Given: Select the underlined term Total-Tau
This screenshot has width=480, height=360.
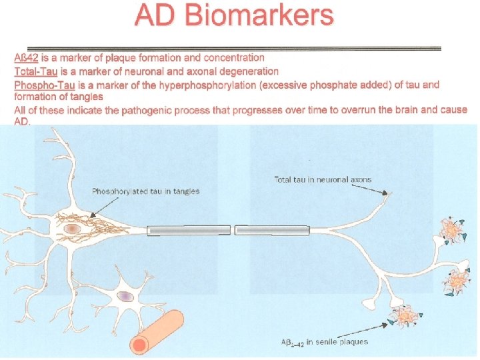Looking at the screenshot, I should [36, 71].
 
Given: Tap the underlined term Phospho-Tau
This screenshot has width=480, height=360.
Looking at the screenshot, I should [44, 85].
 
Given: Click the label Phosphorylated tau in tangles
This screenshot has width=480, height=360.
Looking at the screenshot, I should [145, 191].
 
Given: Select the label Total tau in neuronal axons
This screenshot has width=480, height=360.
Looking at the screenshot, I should [323, 179].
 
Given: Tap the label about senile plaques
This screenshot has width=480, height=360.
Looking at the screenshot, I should [324, 343].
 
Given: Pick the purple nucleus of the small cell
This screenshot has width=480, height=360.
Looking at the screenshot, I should [125, 295].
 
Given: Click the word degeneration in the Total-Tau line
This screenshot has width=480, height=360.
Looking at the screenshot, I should [246, 71].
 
